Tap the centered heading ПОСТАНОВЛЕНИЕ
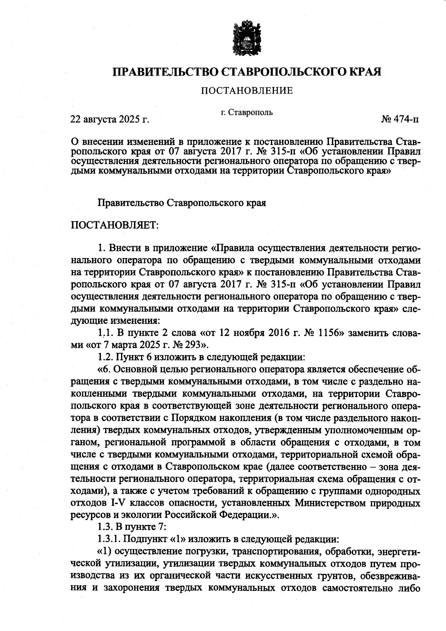coord(247,90)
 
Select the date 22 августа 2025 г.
coord(110,120)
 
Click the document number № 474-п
coord(400,120)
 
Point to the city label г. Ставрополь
coord(246,112)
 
